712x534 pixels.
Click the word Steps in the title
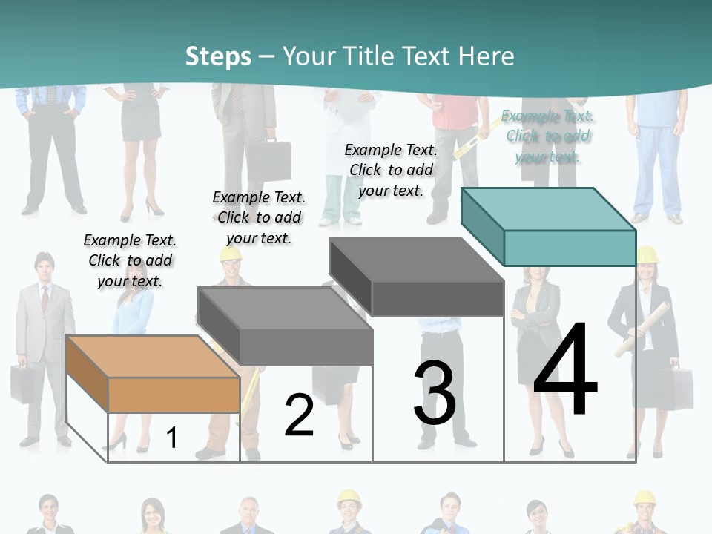[x=218, y=56]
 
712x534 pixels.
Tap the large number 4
[x=565, y=371]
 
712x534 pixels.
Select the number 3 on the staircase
[x=435, y=394]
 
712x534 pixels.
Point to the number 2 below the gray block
[x=299, y=415]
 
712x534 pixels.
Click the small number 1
[x=171, y=438]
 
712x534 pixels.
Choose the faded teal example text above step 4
[x=548, y=136]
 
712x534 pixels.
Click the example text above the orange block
[x=130, y=260]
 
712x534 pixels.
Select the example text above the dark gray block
[x=391, y=170]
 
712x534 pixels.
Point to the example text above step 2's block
[x=259, y=217]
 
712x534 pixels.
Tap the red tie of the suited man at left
[x=44, y=298]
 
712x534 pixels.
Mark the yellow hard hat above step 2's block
[x=231, y=254]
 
